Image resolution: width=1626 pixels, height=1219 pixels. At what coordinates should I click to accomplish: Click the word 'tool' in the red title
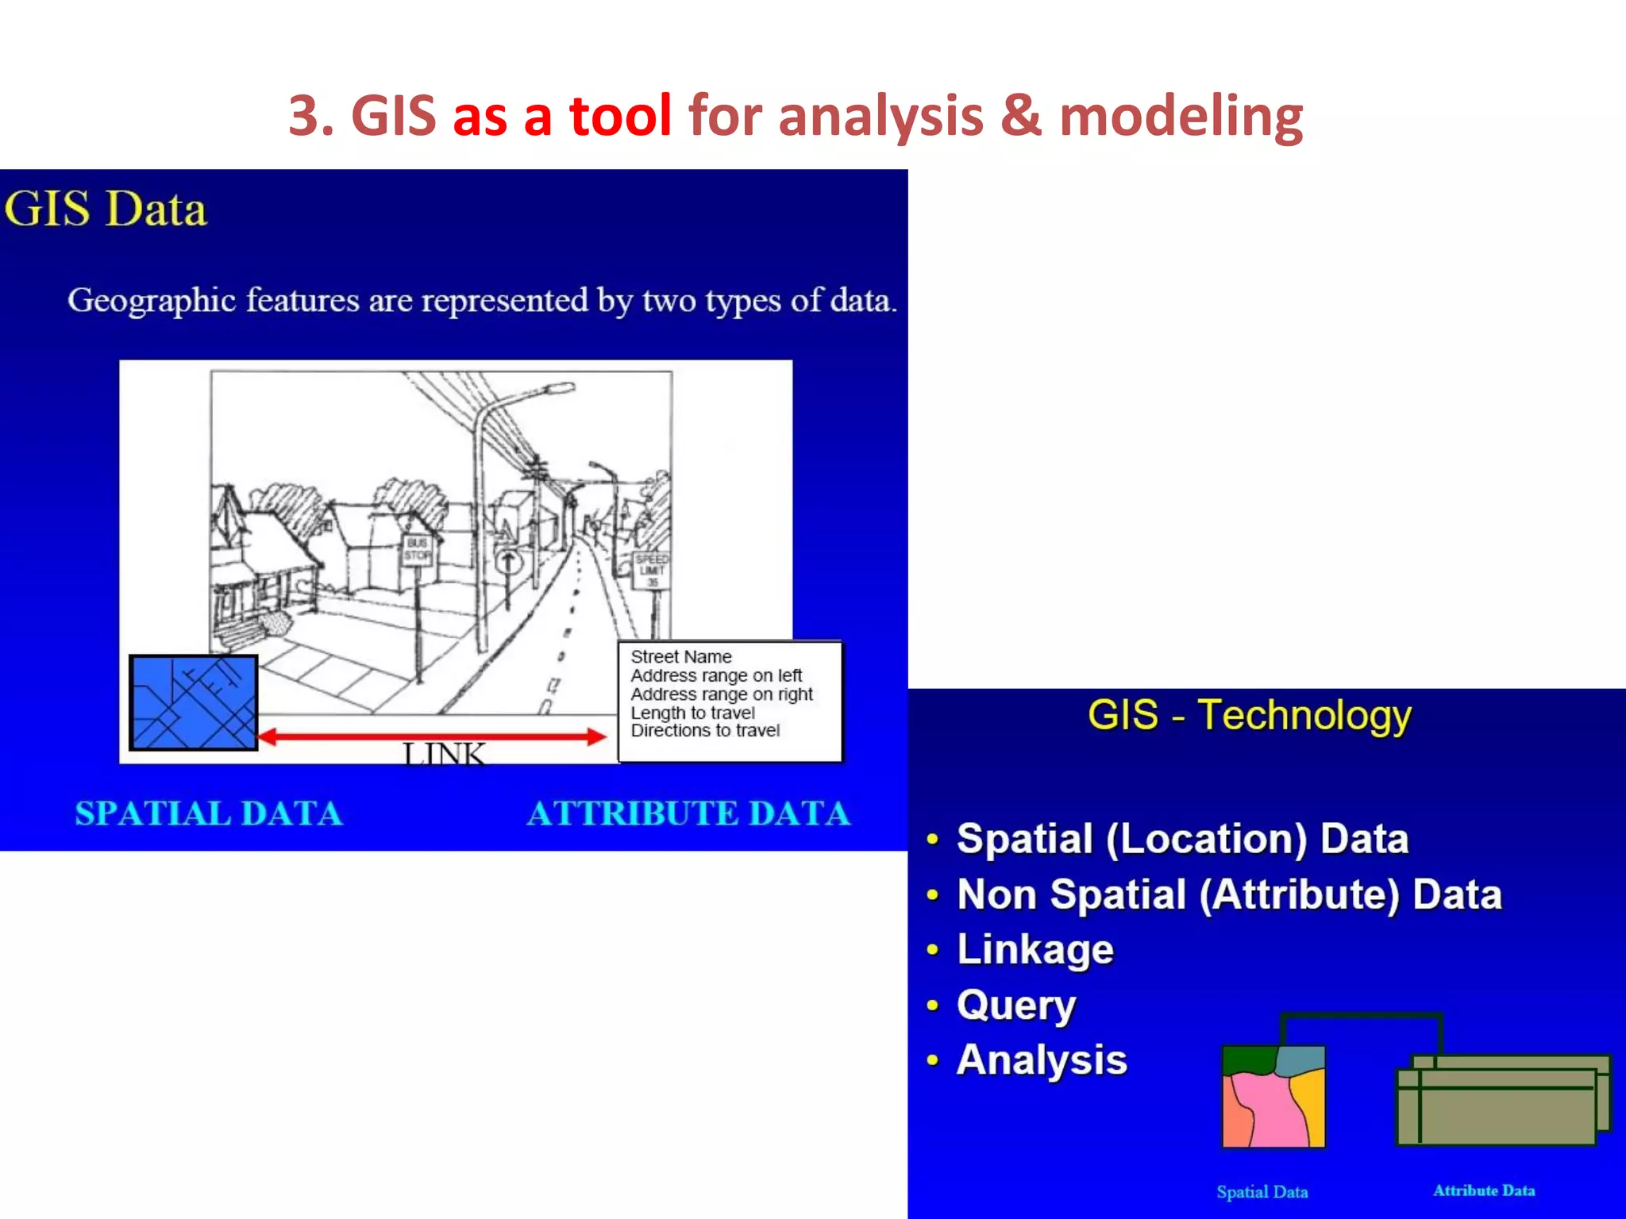coord(620,116)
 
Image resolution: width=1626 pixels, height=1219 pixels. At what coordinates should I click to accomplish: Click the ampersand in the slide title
coord(1020,116)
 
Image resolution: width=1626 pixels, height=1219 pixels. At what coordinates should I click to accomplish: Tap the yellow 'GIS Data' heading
coord(106,210)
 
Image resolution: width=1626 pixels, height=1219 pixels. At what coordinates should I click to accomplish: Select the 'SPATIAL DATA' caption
coord(209,813)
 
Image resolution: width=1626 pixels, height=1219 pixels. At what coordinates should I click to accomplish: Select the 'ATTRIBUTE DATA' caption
coord(688,813)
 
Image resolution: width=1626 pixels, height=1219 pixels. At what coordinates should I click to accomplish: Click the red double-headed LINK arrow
coord(433,736)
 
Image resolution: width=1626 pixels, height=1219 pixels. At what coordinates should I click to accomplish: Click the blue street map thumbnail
coord(194,702)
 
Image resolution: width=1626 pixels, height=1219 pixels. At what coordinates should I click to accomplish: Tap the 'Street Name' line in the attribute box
coord(680,656)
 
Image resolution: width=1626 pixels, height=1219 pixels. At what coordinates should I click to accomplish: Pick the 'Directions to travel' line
coord(705,730)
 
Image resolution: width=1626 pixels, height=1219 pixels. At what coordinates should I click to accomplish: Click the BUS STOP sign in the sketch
coord(418,549)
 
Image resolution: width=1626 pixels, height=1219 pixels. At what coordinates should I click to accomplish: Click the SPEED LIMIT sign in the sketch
coord(652,570)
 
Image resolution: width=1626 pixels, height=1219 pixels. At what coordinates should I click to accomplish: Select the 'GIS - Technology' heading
coord(1250,714)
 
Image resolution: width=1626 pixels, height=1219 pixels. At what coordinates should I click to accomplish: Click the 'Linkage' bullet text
coord(1035,949)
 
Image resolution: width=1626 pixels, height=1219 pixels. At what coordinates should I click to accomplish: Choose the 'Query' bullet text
coord(1016,1005)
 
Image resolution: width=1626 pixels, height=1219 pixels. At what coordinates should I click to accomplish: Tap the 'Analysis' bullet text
coord(1042,1060)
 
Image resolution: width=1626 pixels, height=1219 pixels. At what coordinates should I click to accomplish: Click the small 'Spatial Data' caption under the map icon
coord(1262,1191)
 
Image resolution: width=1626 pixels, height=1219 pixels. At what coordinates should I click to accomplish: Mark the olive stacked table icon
coord(1501,1103)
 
